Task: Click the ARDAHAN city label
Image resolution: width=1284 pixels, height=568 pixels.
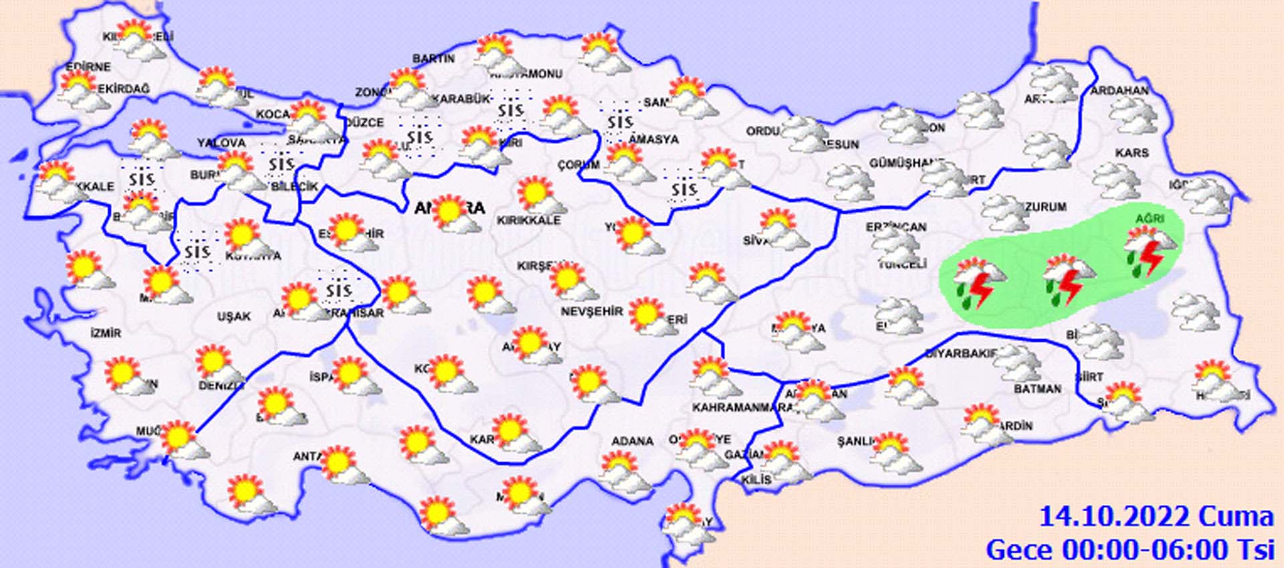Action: pos(1119,90)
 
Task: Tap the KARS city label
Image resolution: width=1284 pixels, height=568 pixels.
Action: pos(1132,153)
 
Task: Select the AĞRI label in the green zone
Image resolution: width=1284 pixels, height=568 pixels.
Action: pos(1150,219)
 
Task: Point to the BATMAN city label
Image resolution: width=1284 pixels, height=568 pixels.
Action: pos(1037,389)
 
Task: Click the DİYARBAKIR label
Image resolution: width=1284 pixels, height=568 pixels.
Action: pos(961,353)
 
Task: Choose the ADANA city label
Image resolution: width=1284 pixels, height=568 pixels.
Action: pos(632,441)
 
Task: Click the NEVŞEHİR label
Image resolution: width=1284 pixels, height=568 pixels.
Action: pos(591,312)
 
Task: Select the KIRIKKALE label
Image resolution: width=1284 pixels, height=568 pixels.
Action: pos(528,220)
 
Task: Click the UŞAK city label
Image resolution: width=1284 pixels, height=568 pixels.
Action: pos(233,316)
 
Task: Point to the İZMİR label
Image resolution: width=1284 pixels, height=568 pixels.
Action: pos(106,333)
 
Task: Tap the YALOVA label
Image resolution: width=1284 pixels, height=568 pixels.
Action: pos(221,143)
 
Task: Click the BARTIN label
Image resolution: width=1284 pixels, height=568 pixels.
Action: pos(433,59)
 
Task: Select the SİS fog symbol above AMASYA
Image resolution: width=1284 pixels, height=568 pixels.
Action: pos(620,122)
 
